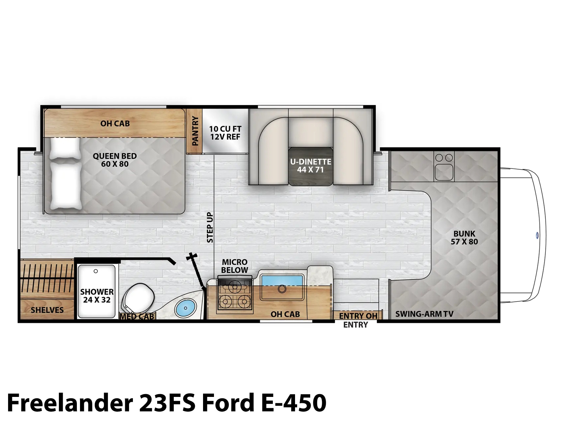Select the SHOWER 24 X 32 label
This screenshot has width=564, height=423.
(97, 296)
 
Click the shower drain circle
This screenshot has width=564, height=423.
(96, 271)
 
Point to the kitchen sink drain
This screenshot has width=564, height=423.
(282, 289)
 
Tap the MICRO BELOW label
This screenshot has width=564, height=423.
(235, 266)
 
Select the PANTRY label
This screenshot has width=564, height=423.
(195, 131)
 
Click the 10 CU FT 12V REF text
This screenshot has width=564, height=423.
(225, 133)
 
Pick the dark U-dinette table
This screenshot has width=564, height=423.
(311, 166)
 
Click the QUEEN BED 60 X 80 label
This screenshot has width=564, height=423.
(115, 160)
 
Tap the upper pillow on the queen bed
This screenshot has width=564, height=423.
(64, 149)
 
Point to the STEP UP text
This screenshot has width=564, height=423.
(210, 227)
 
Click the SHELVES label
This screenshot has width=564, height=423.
(47, 310)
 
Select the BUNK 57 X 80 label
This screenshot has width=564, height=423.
(464, 238)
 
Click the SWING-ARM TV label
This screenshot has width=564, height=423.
(424, 314)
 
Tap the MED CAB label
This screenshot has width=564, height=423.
(137, 317)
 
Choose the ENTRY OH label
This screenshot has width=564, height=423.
(358, 316)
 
